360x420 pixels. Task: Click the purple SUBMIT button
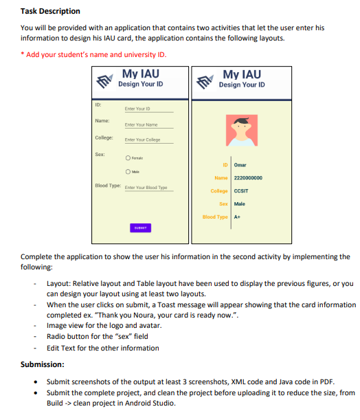140,228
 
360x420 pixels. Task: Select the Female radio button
127,158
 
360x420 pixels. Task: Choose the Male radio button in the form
127,172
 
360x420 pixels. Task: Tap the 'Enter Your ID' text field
148,109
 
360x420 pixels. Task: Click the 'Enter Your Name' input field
148,124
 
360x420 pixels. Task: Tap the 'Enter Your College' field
148,140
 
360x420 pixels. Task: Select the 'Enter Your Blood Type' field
145,188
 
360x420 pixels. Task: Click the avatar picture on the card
241,130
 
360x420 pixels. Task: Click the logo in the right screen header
206,82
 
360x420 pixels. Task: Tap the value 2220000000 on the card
248,178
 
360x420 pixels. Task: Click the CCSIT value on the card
241,191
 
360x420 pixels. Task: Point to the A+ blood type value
237,217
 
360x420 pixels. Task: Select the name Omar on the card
240,165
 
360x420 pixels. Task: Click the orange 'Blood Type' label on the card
215,217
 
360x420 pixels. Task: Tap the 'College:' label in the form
104,137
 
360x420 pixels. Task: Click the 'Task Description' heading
50,11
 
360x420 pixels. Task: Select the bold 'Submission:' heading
43,364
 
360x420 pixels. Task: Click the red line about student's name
93,54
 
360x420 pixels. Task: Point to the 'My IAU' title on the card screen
242,74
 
